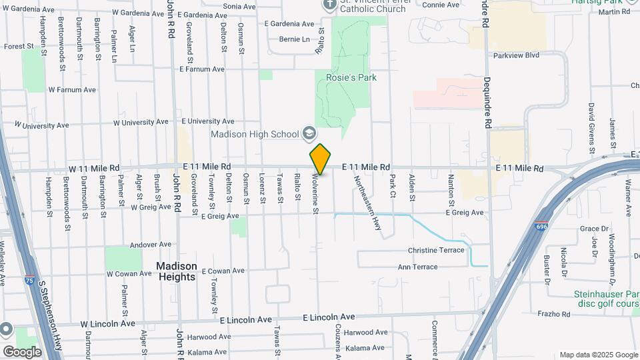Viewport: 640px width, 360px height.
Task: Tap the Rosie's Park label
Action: (351, 78)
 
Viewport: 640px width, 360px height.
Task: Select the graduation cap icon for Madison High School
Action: (309, 134)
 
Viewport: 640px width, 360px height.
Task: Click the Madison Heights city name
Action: (177, 271)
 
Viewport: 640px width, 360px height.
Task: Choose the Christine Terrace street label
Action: (435, 250)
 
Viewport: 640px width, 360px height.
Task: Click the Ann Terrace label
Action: (418, 267)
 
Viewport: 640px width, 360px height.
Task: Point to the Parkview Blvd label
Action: (516, 55)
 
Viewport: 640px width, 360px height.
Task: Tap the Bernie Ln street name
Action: (295, 39)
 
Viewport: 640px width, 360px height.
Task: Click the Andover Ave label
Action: (151, 245)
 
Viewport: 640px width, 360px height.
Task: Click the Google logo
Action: (22, 352)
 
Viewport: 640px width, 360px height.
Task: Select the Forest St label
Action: (19, 47)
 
